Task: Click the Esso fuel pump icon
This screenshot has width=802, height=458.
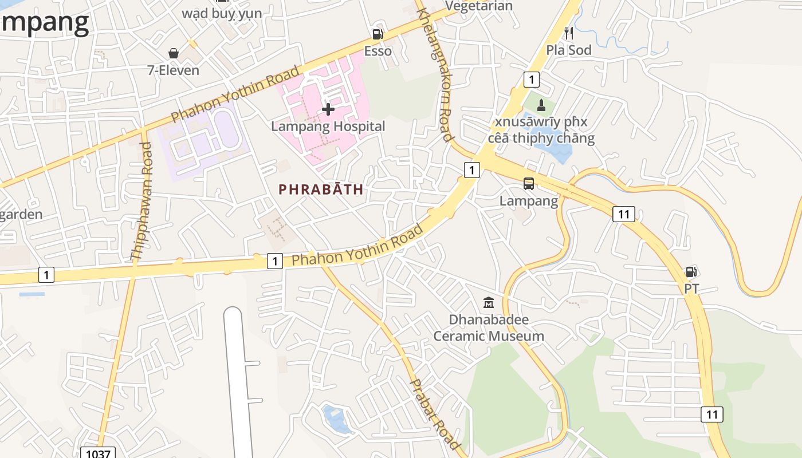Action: coord(377,34)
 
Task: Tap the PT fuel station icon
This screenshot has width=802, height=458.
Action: coord(691,272)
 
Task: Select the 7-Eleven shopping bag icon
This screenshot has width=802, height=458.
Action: coord(174,53)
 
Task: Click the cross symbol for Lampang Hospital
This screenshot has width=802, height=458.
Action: coord(328,109)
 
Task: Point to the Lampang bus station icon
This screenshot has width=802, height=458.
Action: coord(529,184)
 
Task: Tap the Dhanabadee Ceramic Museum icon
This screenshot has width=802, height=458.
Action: coord(489,302)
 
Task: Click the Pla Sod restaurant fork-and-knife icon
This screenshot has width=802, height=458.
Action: coord(568,33)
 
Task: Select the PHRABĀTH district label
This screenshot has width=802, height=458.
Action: coord(321,189)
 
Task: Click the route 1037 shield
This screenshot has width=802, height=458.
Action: coord(97,453)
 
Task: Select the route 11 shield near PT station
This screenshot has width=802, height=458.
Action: coord(623,214)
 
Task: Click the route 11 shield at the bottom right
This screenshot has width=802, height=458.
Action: coord(712,414)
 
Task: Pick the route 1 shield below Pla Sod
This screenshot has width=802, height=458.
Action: coord(531,80)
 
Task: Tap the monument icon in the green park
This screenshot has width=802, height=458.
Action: coord(541,105)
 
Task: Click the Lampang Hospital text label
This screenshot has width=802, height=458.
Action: coord(328,127)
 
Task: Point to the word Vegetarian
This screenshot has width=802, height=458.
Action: coord(478,6)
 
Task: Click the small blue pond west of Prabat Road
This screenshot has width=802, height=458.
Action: coord(336,419)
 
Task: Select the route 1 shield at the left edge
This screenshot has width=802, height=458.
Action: coord(46,275)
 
